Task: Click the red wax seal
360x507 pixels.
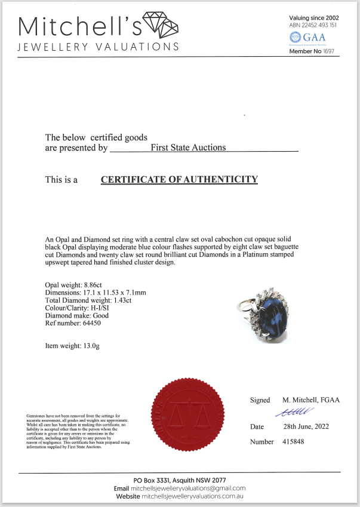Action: click(x=189, y=418)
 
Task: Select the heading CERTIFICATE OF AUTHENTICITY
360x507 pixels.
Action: click(x=179, y=179)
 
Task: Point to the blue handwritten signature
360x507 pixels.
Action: click(x=291, y=411)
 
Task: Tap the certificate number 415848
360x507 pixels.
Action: click(x=297, y=442)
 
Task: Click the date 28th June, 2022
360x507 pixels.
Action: click(x=305, y=427)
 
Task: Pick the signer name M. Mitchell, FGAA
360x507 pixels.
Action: click(x=310, y=400)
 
